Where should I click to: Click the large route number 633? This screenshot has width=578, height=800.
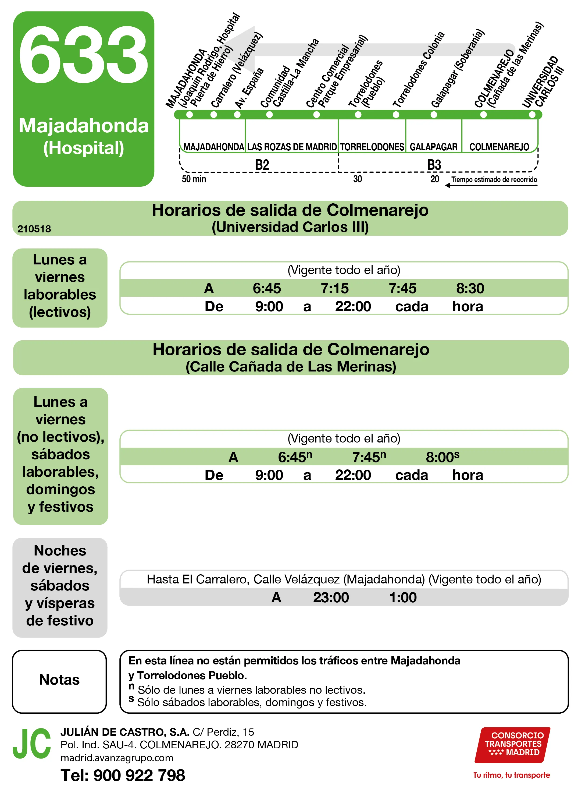click(x=84, y=55)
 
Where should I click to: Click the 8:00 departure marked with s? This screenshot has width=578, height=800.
click(x=442, y=457)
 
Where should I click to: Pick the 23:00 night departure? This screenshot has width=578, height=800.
click(x=331, y=597)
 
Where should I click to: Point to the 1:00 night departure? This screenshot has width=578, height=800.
click(x=402, y=597)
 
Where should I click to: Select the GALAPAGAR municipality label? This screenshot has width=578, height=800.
click(x=433, y=147)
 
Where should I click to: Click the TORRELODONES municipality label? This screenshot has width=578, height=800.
click(x=372, y=147)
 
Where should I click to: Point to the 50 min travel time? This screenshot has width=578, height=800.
click(x=194, y=179)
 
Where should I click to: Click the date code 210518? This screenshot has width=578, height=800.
click(x=34, y=229)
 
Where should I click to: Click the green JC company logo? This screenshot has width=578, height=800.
click(x=32, y=744)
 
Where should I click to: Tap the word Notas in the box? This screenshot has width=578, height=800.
click(x=59, y=680)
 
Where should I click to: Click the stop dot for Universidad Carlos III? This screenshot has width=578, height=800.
click(x=532, y=115)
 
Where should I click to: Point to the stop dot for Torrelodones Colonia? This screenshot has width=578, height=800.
click(x=396, y=115)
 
